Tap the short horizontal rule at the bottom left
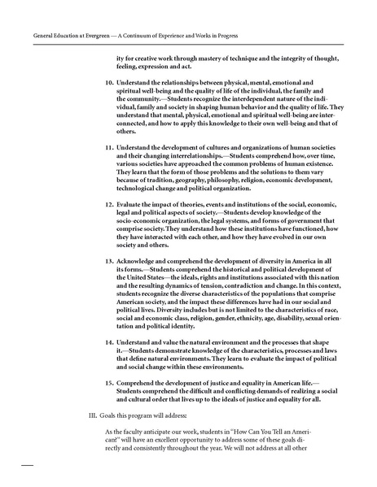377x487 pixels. [26, 466]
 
